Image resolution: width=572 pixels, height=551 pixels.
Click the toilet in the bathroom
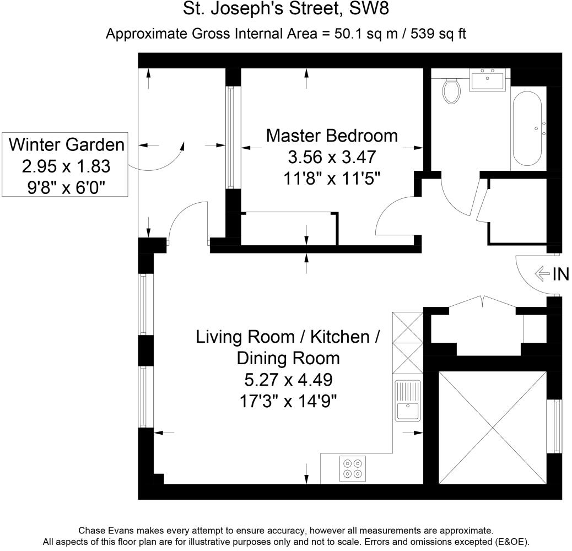click(x=451, y=91)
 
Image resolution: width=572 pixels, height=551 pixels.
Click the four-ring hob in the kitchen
click(x=352, y=468)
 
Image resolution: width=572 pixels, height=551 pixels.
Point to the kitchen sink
click(x=408, y=401)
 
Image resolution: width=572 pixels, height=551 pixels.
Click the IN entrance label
click(x=560, y=274)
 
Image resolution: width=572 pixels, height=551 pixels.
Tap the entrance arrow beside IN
click(x=542, y=274)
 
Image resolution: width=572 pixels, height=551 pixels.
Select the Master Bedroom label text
click(x=332, y=136)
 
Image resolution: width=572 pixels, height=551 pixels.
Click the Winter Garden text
click(x=66, y=144)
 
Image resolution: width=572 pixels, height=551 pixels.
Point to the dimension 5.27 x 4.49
click(x=288, y=380)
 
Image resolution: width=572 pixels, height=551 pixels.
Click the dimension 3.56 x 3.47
click(x=332, y=157)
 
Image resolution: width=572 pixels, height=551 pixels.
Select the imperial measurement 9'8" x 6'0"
click(x=66, y=188)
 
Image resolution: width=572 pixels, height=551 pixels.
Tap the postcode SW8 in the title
click(x=369, y=9)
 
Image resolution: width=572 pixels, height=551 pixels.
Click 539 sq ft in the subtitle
click(x=438, y=34)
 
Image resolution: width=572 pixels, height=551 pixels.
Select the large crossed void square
click(x=493, y=428)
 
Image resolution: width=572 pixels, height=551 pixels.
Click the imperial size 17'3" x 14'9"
click(x=288, y=402)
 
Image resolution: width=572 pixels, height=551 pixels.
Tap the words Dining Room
click(x=288, y=359)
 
